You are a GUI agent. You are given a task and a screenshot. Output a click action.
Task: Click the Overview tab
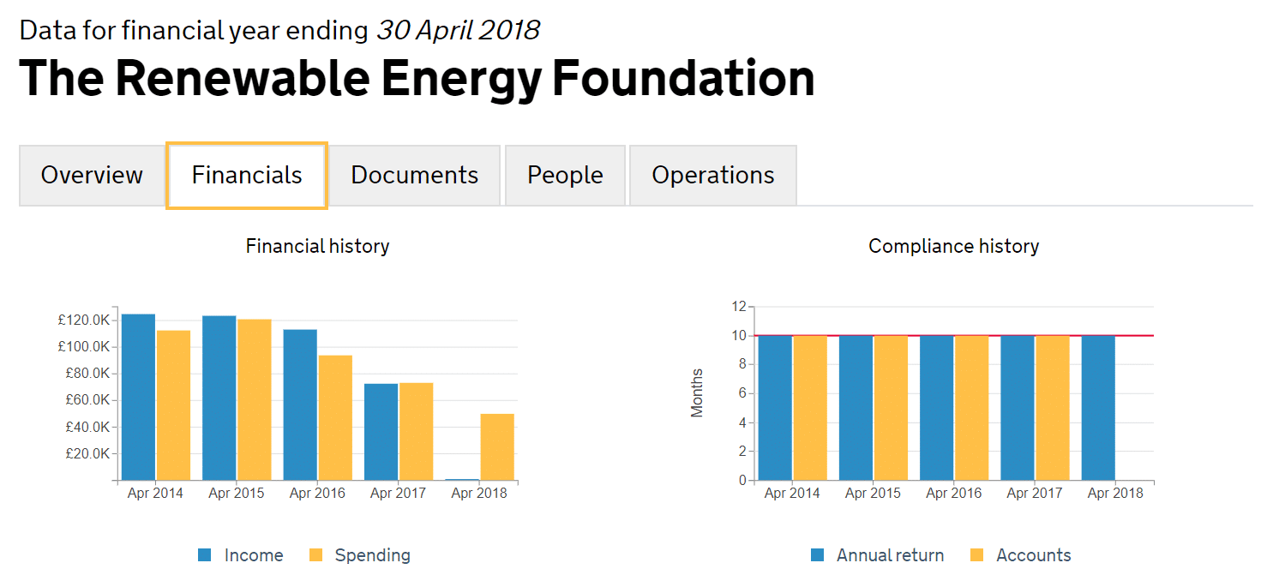pos(92,175)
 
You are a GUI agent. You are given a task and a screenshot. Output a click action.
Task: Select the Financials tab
pos(247,175)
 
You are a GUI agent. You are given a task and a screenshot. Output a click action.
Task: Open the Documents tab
pos(414,175)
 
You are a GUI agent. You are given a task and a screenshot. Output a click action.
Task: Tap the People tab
pos(565,175)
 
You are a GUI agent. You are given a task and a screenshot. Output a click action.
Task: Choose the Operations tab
pos(712,175)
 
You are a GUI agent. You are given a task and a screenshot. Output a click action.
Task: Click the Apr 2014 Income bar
pos(138,397)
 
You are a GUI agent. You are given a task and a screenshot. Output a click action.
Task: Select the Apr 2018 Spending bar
pos(497,446)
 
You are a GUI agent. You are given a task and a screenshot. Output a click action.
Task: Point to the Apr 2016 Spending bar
pos(335,417)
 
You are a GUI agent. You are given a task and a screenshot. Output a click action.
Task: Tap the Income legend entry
pos(241,555)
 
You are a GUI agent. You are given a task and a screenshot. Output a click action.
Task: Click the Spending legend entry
pos(359,555)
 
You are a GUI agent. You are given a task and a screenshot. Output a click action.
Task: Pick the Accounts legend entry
pos(1020,555)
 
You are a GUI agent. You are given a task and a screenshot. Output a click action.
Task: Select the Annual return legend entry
pos(877,555)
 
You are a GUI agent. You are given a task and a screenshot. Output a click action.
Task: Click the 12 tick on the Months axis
pos(738,306)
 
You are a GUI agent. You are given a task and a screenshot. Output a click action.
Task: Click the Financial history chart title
pos(317,247)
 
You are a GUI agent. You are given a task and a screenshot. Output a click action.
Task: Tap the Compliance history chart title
pos(953,247)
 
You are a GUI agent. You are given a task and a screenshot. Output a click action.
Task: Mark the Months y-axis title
pos(697,393)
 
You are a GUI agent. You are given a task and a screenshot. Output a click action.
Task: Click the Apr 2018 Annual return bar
pos(1098,408)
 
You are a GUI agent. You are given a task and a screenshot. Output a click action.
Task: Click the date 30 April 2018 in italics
pos(458,31)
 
